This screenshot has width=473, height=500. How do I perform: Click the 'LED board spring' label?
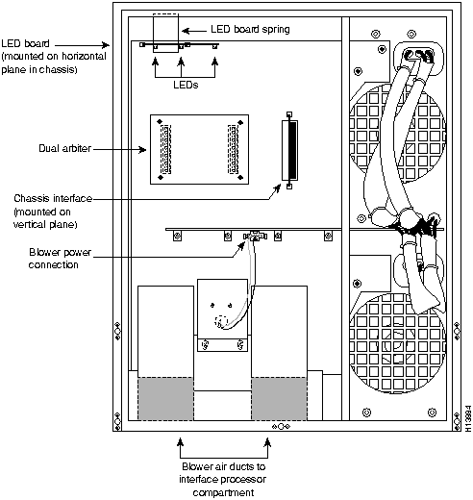coord(250,30)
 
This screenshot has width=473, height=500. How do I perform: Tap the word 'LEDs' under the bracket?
coord(186,85)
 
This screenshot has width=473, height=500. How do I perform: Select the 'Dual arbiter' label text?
coord(65,148)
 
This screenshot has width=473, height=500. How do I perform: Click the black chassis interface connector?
coord(292,150)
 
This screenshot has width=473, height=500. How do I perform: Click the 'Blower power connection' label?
coord(60,259)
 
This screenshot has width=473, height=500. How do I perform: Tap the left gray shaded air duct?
coord(165,398)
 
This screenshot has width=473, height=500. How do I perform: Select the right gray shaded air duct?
coord(279,398)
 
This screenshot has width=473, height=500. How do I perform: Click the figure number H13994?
coord(468,418)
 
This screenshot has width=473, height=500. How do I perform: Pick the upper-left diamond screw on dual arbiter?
coord(160,121)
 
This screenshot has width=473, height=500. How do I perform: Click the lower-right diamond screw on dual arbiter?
coord(240,177)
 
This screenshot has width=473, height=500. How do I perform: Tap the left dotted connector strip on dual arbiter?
coord(165,149)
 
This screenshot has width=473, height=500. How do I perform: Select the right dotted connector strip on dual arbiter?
coord(233,149)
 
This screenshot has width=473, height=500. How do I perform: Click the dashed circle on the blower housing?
coord(221,321)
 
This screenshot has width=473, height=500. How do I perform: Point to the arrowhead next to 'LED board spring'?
coord(186,31)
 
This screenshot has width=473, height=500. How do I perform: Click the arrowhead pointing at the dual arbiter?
coord(142,149)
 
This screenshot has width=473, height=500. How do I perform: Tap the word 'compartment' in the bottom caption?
coord(223,492)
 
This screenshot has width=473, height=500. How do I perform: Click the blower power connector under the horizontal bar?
coord(255,237)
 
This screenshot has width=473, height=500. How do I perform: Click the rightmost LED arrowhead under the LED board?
coord(215,62)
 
